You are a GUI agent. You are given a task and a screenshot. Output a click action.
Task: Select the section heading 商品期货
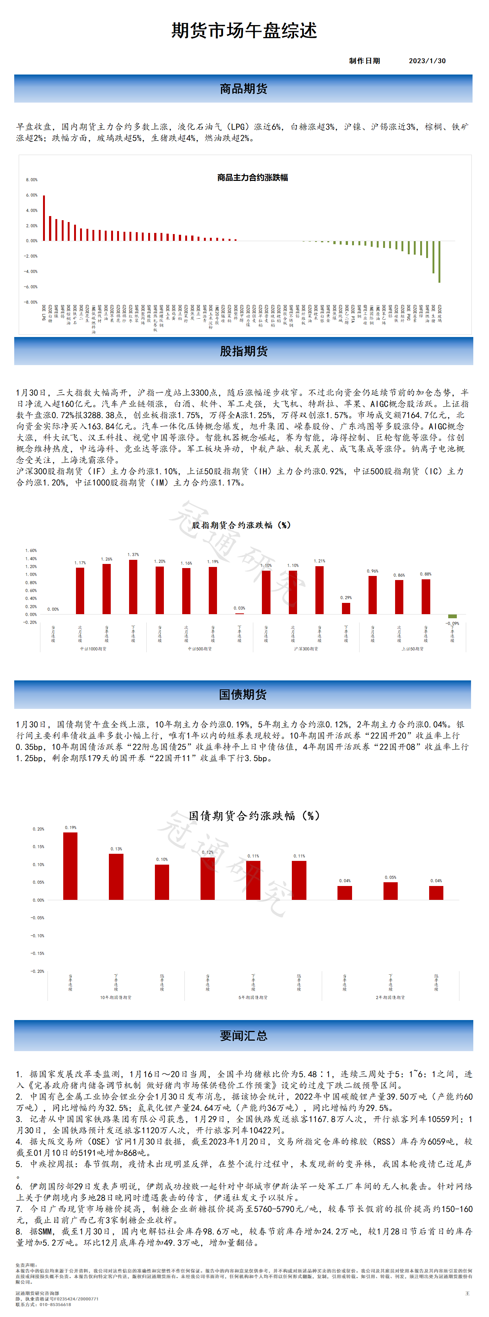tap(243, 89)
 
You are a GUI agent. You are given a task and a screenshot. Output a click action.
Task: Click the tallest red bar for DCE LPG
tap(44, 218)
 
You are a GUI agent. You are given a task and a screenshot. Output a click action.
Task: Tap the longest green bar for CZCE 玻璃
tap(440, 261)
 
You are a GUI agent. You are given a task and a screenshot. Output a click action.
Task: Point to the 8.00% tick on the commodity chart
tap(32, 180)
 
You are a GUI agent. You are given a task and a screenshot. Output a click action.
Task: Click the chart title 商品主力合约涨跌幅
tap(253, 177)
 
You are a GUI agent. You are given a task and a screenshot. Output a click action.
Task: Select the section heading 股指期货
tap(243, 351)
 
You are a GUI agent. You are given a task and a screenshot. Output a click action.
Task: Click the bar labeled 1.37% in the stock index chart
tap(133, 587)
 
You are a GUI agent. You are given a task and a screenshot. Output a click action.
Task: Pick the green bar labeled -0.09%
tap(452, 616)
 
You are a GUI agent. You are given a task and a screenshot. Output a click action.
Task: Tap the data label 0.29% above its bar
tap(346, 598)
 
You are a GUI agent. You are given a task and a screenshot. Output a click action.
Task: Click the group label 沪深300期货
tap(306, 649)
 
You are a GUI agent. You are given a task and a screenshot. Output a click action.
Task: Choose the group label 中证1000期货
tap(93, 649)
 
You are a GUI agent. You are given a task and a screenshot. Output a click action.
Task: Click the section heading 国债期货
tap(243, 694)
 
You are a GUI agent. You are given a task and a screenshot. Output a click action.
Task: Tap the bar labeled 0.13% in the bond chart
tap(116, 877)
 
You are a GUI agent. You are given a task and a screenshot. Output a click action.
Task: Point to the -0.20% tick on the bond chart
tap(38, 971)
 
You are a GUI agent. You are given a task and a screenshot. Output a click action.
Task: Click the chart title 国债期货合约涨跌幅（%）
tap(254, 816)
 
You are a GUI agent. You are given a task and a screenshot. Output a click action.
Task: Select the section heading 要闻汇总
tap(243, 1035)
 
